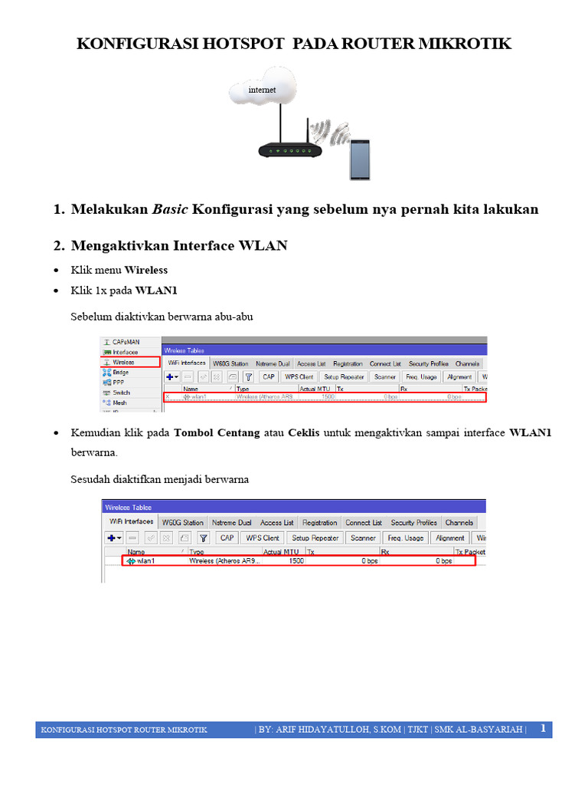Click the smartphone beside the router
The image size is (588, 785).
[x=359, y=159]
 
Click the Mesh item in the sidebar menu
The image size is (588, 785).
[x=119, y=402]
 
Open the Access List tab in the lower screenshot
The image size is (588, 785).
[x=276, y=523]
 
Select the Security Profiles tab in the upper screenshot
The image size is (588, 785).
[x=428, y=363]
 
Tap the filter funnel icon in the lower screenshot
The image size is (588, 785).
[x=204, y=538]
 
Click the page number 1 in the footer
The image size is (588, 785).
[x=543, y=728]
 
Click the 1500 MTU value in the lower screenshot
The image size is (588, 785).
[x=295, y=561]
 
